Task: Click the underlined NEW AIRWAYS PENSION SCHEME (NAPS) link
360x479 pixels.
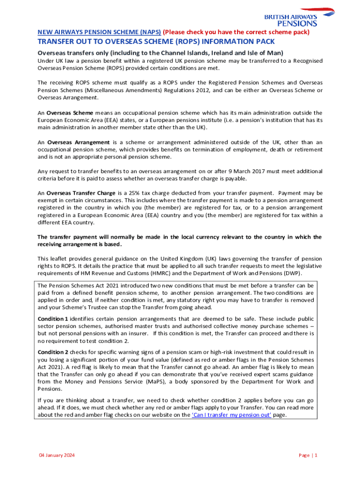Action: click(99, 32)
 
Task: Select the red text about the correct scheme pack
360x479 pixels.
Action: click(236, 32)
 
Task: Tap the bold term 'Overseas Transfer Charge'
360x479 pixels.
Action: click(81, 193)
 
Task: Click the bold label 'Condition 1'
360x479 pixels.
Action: click(53, 319)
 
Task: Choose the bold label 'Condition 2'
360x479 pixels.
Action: click(53, 352)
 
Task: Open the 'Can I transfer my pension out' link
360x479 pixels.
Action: click(231, 415)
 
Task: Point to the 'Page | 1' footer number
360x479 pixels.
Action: click(308, 456)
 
